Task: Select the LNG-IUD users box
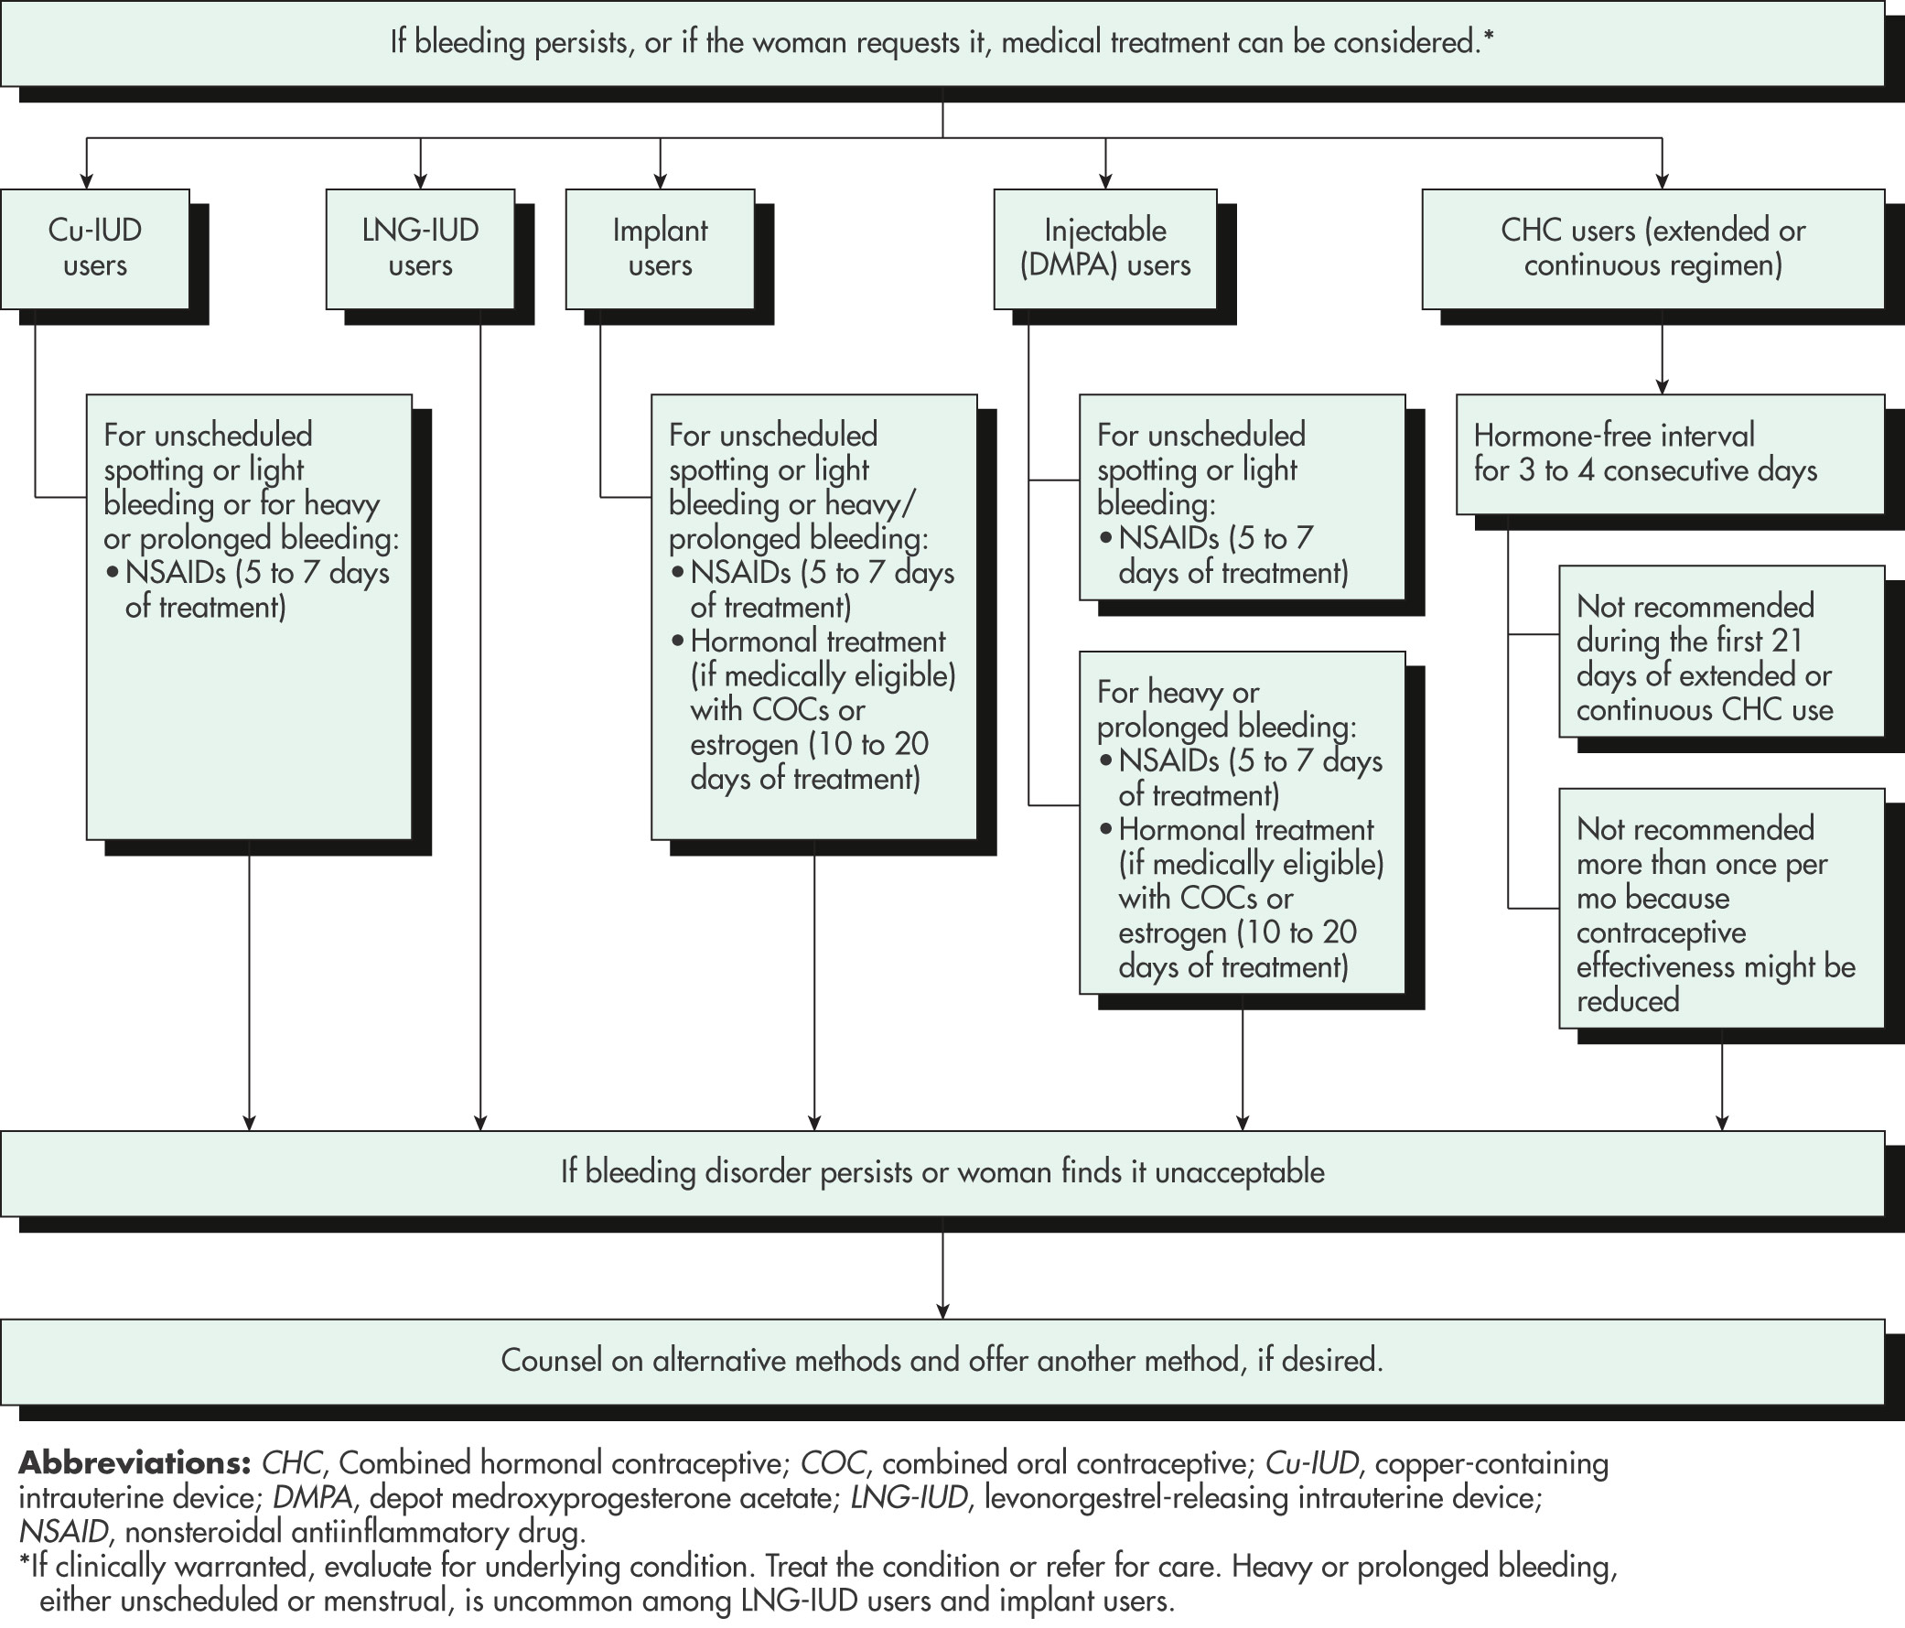pyautogui.click(x=420, y=248)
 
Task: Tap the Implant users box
pyautogui.click(x=660, y=248)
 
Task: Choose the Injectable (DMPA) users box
pyautogui.click(x=1105, y=248)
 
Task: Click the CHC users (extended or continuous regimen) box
pyautogui.click(x=1653, y=248)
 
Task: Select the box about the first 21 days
pyautogui.click(x=1721, y=652)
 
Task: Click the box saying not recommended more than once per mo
pyautogui.click(x=1721, y=909)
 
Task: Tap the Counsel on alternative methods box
pyautogui.click(x=942, y=1362)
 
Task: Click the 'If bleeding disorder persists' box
pyautogui.click(x=942, y=1173)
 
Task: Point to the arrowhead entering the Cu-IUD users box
pyautogui.click(x=87, y=181)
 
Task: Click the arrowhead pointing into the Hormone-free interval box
pyautogui.click(x=1663, y=387)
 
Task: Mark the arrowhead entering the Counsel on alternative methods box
pyautogui.click(x=942, y=1311)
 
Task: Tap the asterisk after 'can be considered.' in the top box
pyautogui.click(x=1488, y=37)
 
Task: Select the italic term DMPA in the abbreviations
pyautogui.click(x=314, y=1497)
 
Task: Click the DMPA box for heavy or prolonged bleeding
pyautogui.click(x=1243, y=824)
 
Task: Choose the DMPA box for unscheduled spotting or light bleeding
pyautogui.click(x=1243, y=498)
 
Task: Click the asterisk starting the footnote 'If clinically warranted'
pyautogui.click(x=25, y=1563)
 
